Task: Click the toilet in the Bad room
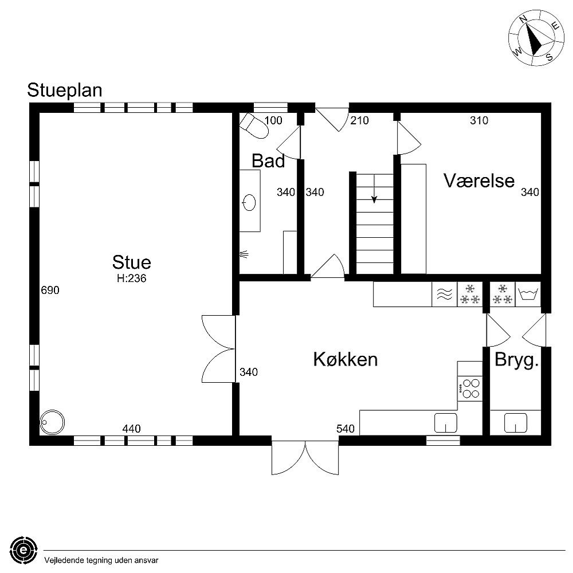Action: (x=254, y=125)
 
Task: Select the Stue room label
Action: (x=132, y=262)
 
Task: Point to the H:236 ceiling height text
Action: (x=132, y=278)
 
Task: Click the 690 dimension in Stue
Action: (x=50, y=290)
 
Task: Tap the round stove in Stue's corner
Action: (x=52, y=422)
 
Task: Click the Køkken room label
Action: (x=346, y=359)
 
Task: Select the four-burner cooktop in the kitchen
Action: (x=470, y=388)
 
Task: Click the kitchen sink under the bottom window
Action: (x=446, y=423)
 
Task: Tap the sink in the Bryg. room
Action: (x=516, y=423)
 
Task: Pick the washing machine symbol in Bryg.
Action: (x=528, y=294)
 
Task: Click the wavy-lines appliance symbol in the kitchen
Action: (x=445, y=294)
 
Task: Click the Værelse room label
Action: (x=479, y=180)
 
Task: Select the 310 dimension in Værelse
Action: (x=479, y=120)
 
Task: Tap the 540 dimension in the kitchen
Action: (x=346, y=429)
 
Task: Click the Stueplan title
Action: (x=65, y=91)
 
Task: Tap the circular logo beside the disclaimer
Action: (x=23, y=550)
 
